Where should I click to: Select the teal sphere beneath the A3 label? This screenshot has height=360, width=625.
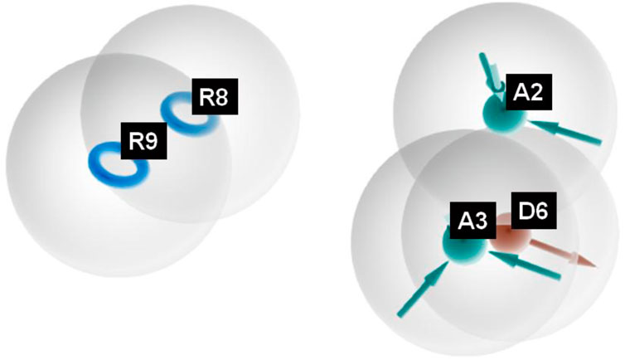(x=460, y=246)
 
